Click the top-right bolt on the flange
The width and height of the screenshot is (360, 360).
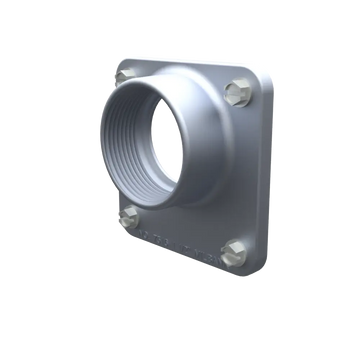(x=236, y=92)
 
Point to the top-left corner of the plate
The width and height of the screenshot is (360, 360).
(x=119, y=62)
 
